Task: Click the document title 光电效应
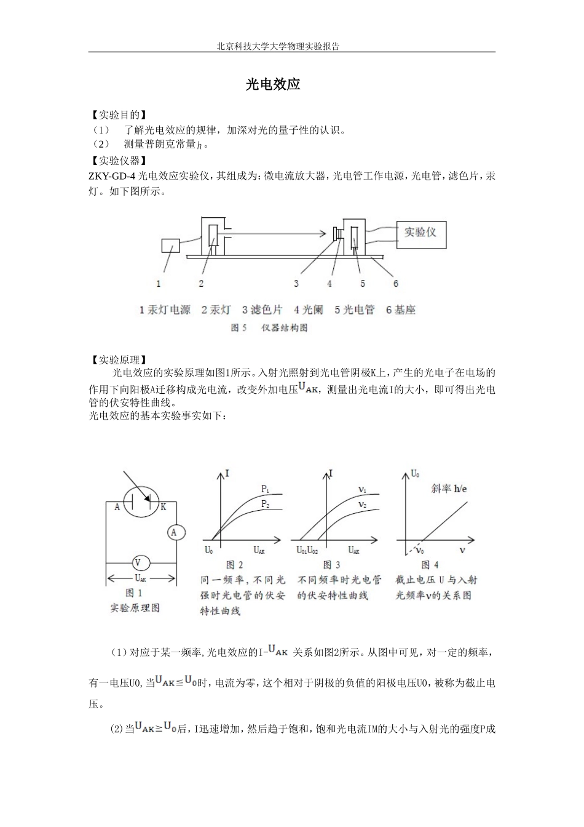tap(273, 85)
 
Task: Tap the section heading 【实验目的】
tap(118, 115)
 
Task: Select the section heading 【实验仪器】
tap(118, 161)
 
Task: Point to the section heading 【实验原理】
tap(118, 359)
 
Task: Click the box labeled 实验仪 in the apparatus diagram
tap(420, 233)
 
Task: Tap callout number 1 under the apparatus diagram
tap(159, 284)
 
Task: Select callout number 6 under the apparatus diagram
tap(396, 284)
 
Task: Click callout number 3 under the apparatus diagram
tap(296, 284)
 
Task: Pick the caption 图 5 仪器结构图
tap(269, 328)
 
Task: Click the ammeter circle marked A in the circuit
tap(174, 532)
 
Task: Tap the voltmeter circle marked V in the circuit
tap(138, 562)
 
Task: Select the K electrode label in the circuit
tap(164, 507)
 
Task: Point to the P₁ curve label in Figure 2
tap(266, 489)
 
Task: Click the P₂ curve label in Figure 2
tap(266, 504)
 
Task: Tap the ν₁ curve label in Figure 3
tap(363, 490)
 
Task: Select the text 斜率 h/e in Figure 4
tap(449, 489)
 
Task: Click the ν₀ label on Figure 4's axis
tap(420, 549)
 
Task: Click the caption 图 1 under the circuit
tap(134, 593)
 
